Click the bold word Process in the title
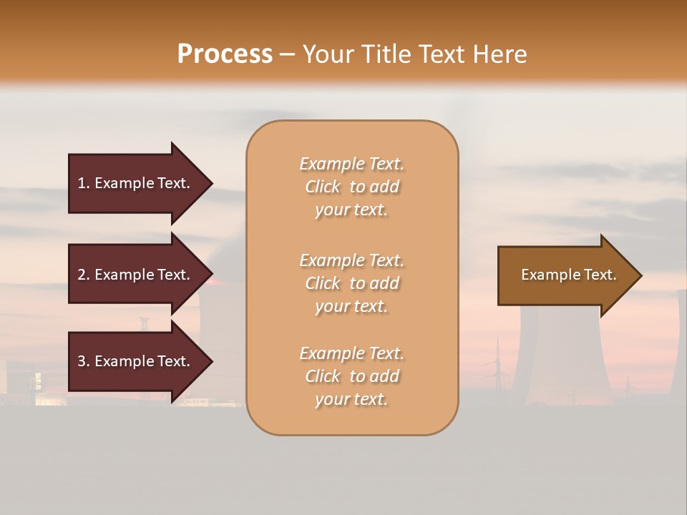[225, 54]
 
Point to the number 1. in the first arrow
[84, 183]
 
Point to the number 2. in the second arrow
[84, 275]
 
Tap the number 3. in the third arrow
[84, 361]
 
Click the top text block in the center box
[351, 187]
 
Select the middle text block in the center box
[351, 283]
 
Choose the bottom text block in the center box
[351, 376]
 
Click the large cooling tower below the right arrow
[565, 358]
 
